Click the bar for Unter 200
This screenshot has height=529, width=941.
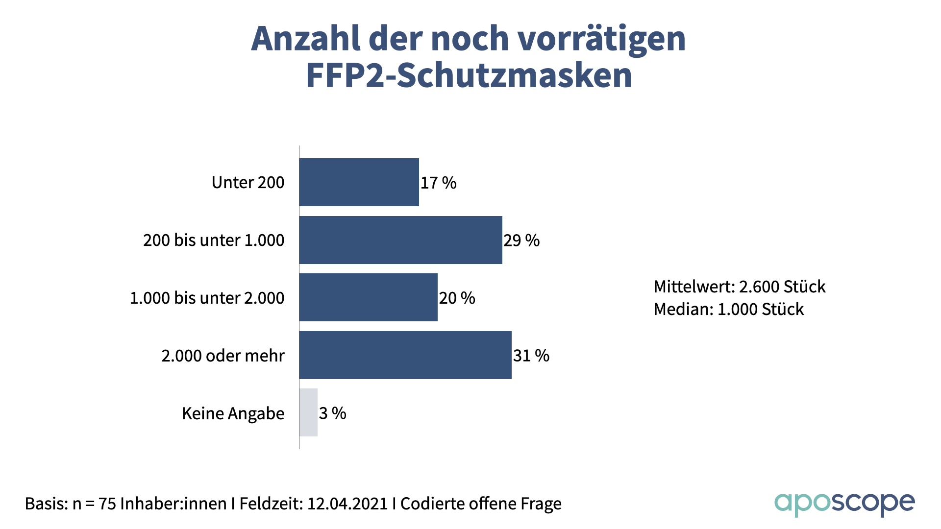[x=359, y=182]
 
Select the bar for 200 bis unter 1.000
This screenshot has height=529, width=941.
[x=400, y=240]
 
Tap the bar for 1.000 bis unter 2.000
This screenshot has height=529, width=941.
[x=368, y=297]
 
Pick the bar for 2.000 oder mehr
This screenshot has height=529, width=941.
[x=405, y=355]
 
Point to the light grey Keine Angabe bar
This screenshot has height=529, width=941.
[x=308, y=412]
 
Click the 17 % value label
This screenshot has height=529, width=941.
[x=438, y=183]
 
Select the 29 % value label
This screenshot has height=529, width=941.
[x=521, y=240]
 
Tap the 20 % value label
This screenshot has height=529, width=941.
[x=457, y=298]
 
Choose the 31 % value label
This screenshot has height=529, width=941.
[x=531, y=356]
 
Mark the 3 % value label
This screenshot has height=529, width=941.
[x=332, y=413]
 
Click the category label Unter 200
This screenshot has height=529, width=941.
[x=248, y=182]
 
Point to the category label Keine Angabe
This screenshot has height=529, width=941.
[x=233, y=413]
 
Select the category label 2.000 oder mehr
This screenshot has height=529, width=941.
[x=223, y=356]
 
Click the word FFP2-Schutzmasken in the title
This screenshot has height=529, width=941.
[x=469, y=75]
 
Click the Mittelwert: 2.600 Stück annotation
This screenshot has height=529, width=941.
[x=739, y=287]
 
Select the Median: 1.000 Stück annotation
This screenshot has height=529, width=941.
[x=728, y=309]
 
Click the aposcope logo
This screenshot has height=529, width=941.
[x=844, y=504]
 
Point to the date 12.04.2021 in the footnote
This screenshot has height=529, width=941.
[x=347, y=504]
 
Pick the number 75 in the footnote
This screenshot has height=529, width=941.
[x=107, y=504]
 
